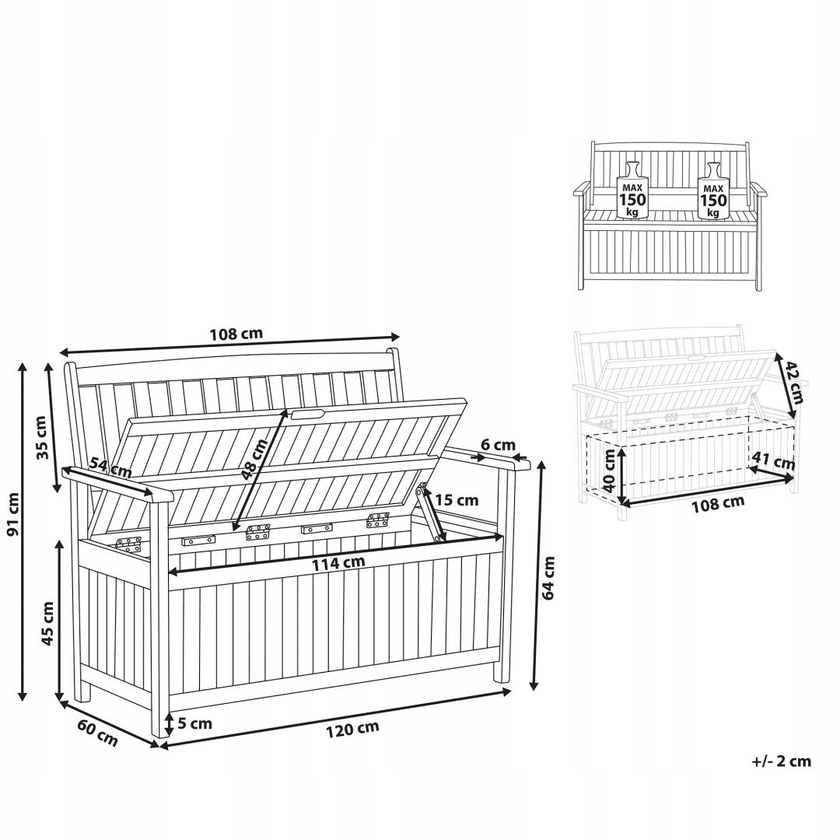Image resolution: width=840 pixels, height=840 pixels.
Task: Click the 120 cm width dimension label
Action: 352,729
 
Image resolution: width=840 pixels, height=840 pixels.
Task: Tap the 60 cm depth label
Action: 97,733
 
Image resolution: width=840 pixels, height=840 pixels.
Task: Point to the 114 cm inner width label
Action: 338,563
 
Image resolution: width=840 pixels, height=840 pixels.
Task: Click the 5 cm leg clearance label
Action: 194,724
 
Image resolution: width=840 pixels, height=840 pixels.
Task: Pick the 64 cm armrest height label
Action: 548,578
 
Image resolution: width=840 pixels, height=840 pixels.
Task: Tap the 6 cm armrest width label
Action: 499,445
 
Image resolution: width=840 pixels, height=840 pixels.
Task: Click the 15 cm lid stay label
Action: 457,500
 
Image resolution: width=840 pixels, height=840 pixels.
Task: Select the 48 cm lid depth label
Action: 254,459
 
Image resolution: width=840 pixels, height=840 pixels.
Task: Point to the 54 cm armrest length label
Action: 110,467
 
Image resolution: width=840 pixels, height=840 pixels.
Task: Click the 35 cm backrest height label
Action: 42,437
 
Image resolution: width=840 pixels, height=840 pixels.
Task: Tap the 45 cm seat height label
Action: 47,624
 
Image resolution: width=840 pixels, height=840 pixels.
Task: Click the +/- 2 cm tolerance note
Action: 782,761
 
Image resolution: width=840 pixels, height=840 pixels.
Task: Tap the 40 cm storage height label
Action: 609,470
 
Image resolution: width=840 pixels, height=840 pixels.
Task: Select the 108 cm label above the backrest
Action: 236,334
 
